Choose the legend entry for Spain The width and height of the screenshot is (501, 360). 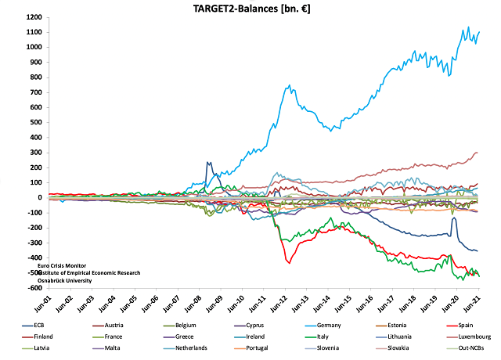[x=467, y=325]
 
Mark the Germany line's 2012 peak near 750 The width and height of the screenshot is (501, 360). [x=290, y=86]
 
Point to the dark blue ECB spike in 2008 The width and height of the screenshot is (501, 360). [x=208, y=163]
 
